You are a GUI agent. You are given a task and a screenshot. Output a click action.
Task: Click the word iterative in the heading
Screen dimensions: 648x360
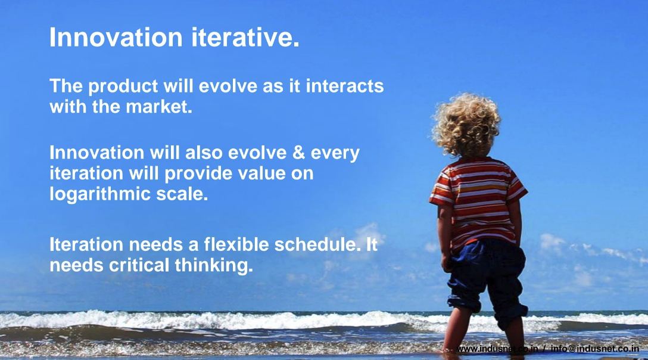245,37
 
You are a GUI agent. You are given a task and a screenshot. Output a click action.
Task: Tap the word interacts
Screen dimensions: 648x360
345,86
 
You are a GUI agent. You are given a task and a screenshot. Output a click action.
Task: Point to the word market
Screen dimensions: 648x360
159,107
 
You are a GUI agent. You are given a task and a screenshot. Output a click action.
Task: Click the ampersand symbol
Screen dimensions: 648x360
298,153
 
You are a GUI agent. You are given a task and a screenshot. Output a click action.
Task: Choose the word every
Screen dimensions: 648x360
335,154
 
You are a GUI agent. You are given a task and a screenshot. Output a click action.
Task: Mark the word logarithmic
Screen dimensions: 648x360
100,194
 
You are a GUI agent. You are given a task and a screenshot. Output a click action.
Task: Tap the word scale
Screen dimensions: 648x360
182,194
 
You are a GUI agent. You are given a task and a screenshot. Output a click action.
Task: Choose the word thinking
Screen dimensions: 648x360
214,266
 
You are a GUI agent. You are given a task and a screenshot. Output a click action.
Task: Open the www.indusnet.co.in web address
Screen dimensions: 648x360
497,349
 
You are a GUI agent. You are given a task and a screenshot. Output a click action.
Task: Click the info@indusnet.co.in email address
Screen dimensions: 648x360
595,349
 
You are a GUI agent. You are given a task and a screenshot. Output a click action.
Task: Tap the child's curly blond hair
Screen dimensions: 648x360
466,124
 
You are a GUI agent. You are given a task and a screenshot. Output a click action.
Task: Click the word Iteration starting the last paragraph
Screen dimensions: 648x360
86,244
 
